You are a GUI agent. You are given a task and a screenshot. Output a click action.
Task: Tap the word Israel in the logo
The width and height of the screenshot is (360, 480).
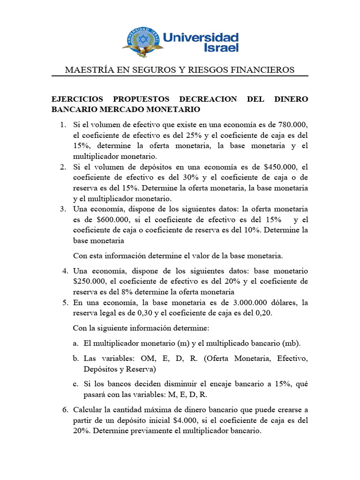tap(221, 48)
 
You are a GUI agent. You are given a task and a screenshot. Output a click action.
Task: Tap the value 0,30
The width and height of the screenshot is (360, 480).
tap(138, 313)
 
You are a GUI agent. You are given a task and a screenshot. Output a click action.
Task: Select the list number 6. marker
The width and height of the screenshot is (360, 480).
tap(66, 410)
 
